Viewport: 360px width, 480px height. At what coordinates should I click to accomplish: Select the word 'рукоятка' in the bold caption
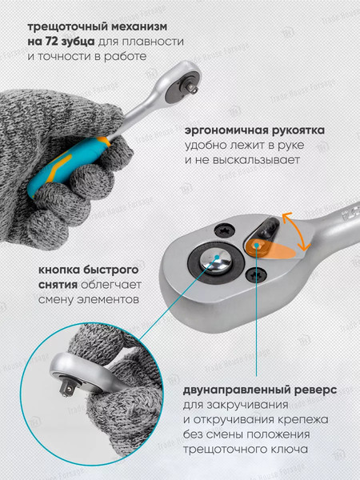tap(298, 130)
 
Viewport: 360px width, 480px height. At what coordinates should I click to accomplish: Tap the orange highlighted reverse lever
tap(270, 249)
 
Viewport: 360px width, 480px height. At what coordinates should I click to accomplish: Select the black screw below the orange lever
tap(256, 274)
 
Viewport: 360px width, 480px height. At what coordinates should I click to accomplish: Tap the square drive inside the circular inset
tap(68, 389)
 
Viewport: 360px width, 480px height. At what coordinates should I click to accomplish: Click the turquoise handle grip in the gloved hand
tap(69, 165)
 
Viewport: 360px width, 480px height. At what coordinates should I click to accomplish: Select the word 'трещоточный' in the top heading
tap(68, 27)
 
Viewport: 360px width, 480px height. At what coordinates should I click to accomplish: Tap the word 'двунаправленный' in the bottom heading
tap(234, 391)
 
